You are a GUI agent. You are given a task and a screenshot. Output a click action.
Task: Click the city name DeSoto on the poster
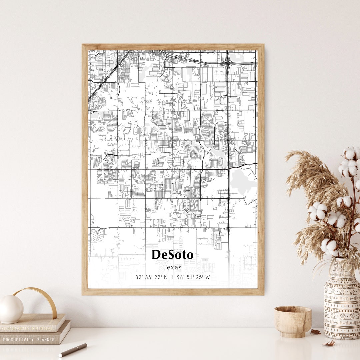click(172, 255)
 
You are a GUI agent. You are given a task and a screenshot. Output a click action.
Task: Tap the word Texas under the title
click(172, 267)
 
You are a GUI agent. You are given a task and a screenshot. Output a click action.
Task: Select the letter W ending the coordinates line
click(208, 277)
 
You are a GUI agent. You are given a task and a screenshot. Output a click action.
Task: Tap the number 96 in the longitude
click(180, 277)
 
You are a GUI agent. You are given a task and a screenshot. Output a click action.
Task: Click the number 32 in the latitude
click(138, 277)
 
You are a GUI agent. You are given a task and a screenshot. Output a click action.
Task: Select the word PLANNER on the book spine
click(44, 340)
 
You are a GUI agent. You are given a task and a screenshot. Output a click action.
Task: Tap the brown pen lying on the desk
click(73, 350)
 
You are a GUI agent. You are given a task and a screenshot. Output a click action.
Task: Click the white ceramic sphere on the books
click(11, 309)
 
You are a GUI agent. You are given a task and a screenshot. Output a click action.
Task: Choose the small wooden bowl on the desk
click(293, 321)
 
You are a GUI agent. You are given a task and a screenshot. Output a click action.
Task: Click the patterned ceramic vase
click(341, 300)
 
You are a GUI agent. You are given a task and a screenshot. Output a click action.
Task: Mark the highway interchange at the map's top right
click(227, 63)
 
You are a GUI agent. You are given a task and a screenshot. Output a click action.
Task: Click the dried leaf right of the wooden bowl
click(315, 332)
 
